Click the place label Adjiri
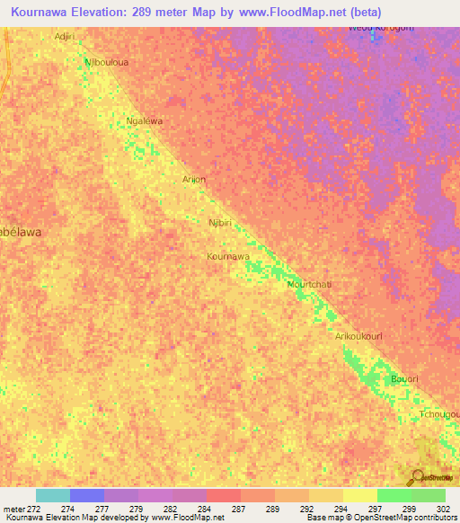(x=64, y=37)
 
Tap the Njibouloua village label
(x=102, y=63)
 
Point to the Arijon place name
(x=194, y=180)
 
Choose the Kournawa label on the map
(x=228, y=256)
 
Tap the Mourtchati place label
(x=309, y=285)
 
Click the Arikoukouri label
(x=358, y=336)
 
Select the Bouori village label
(x=404, y=379)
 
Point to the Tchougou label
(x=439, y=414)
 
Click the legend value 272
(x=34, y=509)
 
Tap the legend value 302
(x=445, y=509)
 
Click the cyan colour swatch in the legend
(x=52, y=495)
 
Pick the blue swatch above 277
(x=86, y=495)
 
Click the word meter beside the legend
(x=13, y=509)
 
